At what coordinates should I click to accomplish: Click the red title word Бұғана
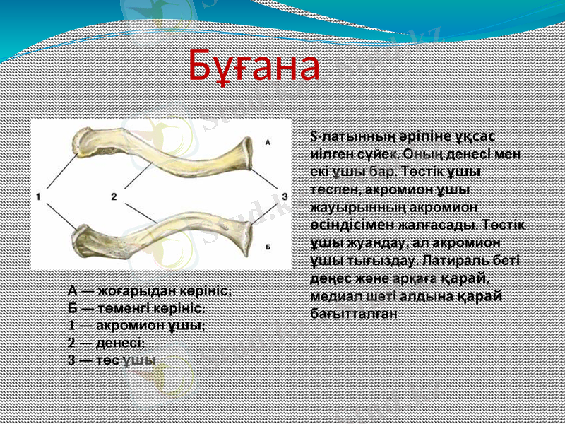coord(254,66)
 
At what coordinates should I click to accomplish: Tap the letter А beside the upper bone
coord(268,142)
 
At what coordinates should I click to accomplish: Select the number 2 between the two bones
coord(114,196)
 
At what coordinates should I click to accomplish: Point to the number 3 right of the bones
coord(284,196)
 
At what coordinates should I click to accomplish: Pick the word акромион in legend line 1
coord(129,325)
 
